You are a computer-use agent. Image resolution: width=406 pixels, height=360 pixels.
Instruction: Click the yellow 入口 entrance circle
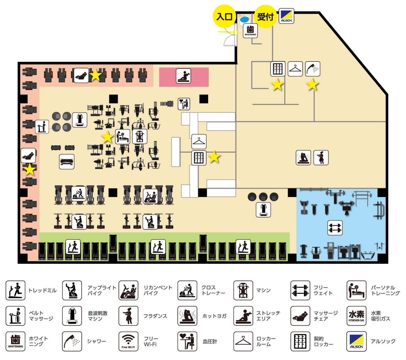[x=224, y=16]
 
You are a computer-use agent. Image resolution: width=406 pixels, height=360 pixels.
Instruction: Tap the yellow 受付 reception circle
[x=266, y=16]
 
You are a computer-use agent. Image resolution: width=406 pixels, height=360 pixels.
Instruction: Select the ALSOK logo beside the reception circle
[x=286, y=16]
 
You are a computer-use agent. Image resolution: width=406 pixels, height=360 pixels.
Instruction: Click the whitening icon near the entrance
[x=250, y=31]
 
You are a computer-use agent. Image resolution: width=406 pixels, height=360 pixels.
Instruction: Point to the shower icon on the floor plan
[x=313, y=69]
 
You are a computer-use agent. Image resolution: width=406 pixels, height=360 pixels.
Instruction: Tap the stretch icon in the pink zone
[x=183, y=76]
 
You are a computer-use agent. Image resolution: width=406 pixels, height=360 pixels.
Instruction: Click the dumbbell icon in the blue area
[x=335, y=228]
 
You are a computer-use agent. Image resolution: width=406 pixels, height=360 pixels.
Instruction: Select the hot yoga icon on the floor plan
[x=303, y=158]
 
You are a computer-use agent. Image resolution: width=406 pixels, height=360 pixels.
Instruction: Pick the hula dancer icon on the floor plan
[x=321, y=158]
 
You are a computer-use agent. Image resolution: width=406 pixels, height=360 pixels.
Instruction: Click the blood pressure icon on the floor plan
[x=184, y=104]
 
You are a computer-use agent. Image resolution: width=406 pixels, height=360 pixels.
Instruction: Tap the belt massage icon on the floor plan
[x=42, y=127]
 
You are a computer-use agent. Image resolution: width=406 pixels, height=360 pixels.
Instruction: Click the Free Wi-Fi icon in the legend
[x=129, y=341]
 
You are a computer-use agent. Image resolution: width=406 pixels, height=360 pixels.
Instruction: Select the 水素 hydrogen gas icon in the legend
[x=356, y=316]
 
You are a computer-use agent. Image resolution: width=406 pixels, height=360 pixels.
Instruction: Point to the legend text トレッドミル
[x=43, y=290]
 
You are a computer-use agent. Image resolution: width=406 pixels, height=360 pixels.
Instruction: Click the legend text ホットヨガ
[x=215, y=316]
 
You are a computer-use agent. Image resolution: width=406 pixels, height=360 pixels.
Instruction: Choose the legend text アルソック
[x=383, y=341]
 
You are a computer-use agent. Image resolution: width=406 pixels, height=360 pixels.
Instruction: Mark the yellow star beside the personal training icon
[x=108, y=137]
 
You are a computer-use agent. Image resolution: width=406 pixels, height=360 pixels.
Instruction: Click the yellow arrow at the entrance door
[x=229, y=32]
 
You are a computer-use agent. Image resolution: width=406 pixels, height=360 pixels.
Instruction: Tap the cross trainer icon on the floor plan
[x=79, y=194]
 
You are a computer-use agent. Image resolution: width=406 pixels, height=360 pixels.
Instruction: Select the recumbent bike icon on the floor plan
[x=151, y=196]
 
